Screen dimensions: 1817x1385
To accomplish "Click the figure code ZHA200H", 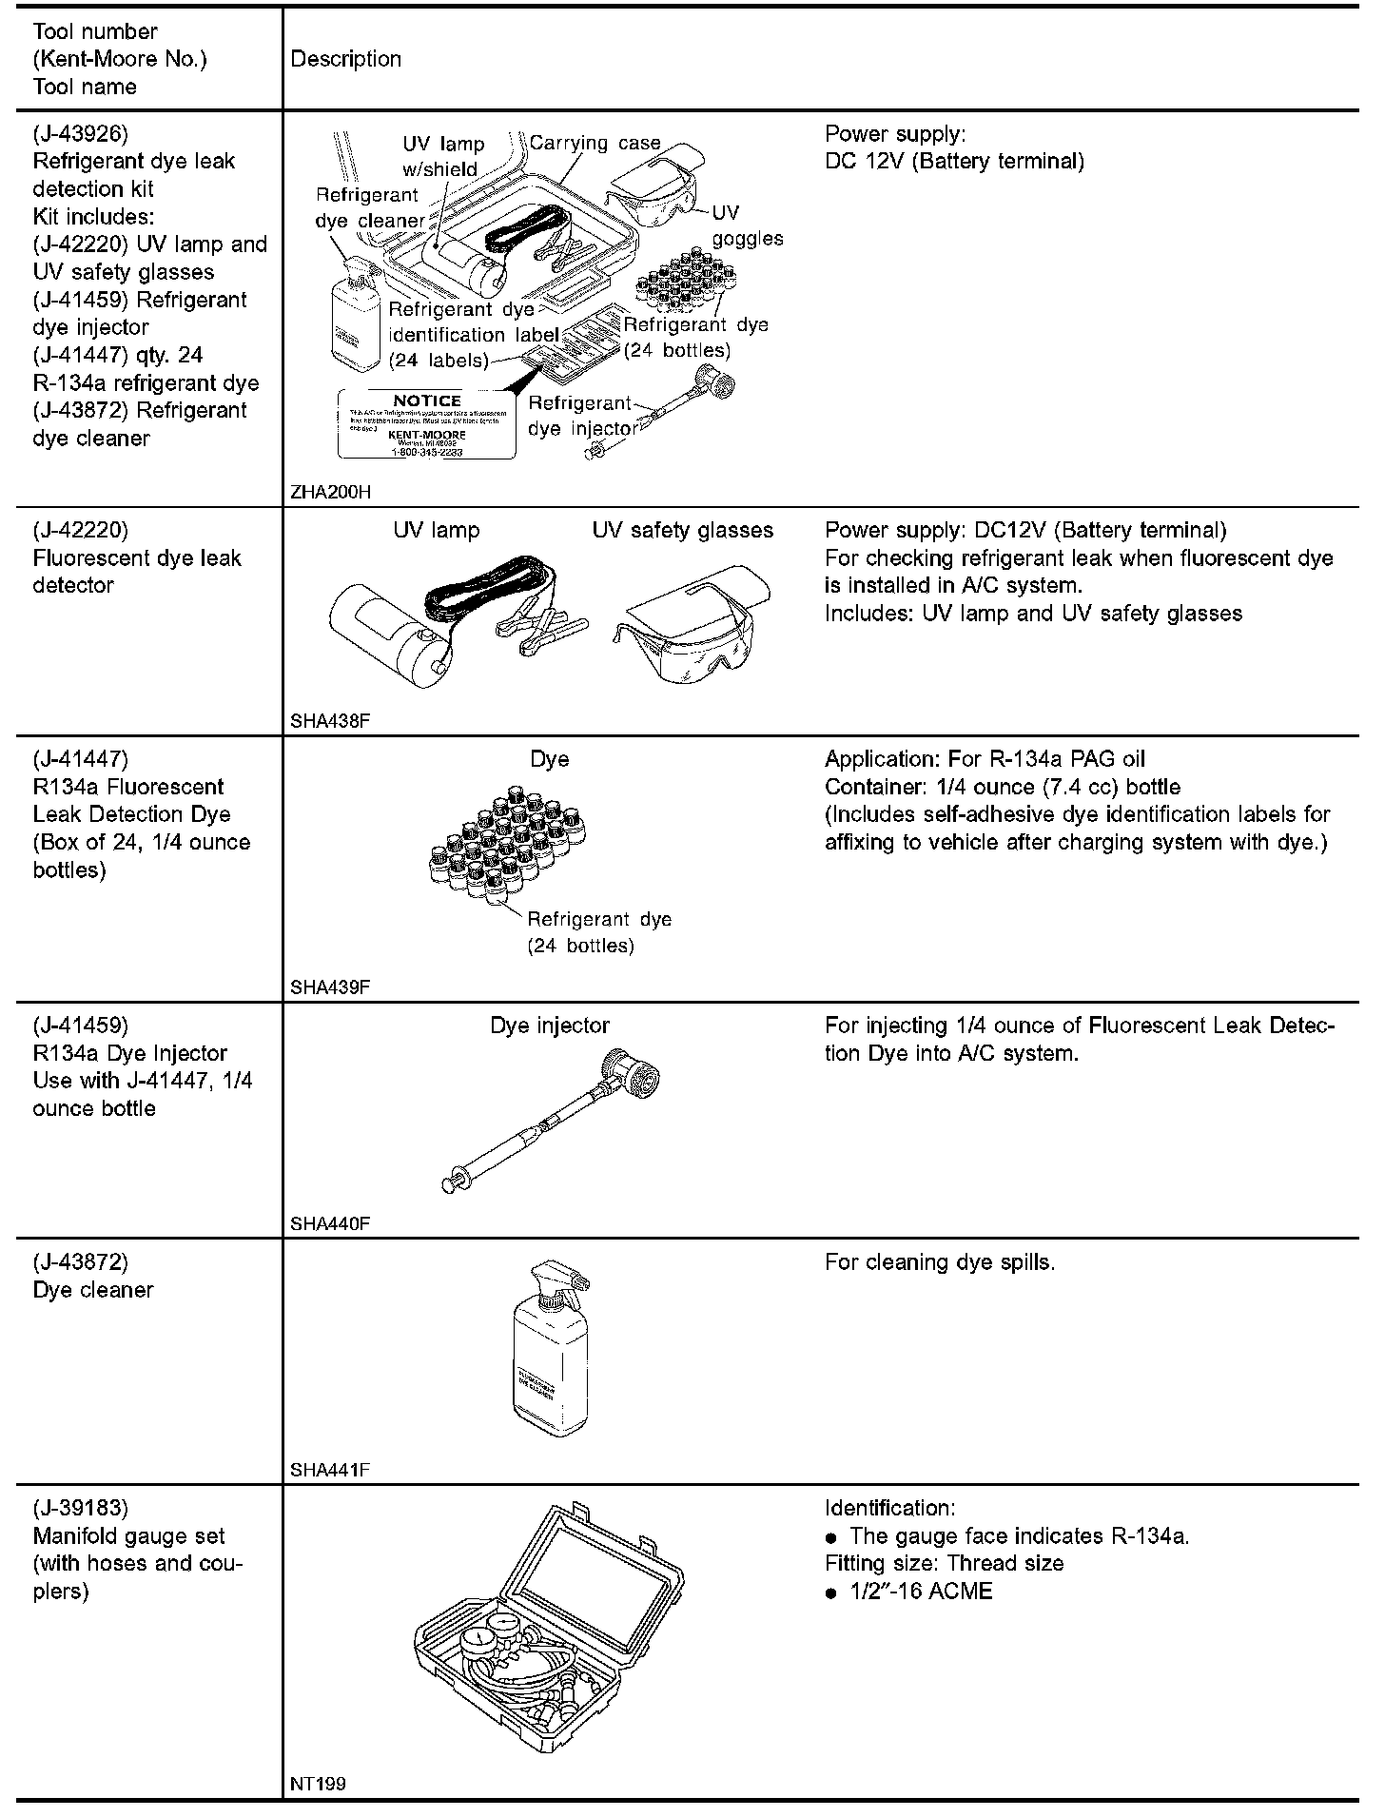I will [x=330, y=492].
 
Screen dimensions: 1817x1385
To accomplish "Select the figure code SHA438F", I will [x=329, y=720].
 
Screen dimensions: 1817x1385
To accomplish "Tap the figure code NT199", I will [x=318, y=1784].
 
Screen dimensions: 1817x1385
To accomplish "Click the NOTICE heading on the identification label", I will [x=426, y=401].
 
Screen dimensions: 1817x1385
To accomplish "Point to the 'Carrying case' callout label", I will [x=595, y=143].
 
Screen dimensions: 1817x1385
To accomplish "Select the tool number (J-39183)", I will [x=80, y=1508].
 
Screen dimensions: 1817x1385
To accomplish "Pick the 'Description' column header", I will [x=345, y=59].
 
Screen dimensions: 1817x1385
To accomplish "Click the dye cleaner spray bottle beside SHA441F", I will [x=550, y=1352].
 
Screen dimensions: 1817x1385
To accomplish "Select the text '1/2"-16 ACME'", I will [x=921, y=1592].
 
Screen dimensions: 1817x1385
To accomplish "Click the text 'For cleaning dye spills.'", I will [x=940, y=1262].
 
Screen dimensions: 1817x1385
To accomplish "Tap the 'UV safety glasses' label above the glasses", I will [x=682, y=530].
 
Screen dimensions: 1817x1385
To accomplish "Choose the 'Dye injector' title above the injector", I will [x=550, y=1026].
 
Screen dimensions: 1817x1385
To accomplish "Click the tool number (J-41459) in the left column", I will [x=80, y=1026].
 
